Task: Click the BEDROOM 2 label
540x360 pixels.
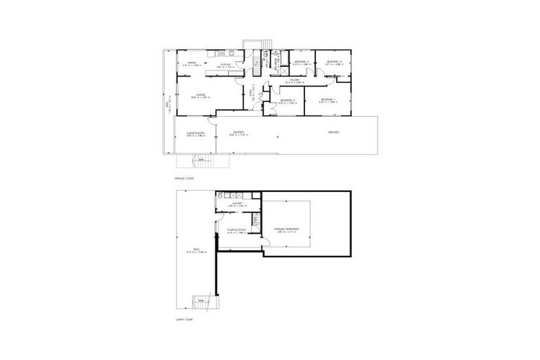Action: pos(285,100)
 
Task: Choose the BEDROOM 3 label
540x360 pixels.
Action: pos(333,62)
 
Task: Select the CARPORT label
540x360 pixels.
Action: pos(239,133)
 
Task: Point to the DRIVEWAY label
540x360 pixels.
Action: pos(333,132)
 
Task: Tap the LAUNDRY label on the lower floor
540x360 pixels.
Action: pos(236,204)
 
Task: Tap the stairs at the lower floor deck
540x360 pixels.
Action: pos(202,301)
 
